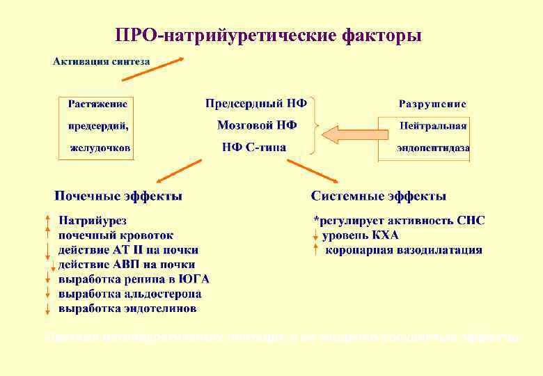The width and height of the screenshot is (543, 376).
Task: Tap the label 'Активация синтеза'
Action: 102,62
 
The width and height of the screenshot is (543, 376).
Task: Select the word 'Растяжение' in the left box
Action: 97,104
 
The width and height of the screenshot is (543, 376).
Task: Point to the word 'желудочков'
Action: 100,148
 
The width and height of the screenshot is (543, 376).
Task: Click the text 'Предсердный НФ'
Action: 256,104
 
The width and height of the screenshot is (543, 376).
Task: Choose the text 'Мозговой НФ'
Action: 257,125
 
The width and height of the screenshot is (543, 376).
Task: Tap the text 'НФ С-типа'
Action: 253,147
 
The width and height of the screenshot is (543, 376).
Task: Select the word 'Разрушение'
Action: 432,104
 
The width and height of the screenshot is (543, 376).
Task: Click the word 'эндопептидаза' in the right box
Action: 433,148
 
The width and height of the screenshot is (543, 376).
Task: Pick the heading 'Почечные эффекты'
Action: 119,196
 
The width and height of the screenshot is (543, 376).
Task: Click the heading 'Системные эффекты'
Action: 379,196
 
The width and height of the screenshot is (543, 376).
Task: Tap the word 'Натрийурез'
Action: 93,221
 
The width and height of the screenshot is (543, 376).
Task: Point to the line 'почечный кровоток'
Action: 116,235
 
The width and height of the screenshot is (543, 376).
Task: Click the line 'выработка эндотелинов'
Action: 127,308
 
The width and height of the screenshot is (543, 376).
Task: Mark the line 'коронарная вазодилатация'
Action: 404,250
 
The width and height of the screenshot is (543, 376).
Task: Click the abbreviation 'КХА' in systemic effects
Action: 385,235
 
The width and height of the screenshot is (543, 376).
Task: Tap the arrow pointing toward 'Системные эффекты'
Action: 307,170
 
